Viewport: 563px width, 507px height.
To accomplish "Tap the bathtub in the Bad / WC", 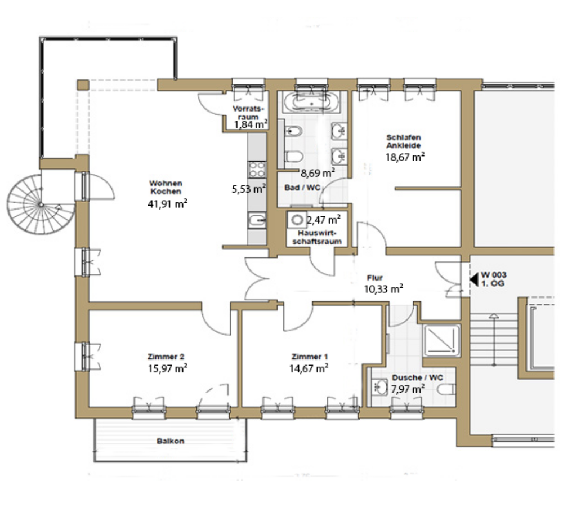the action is click(x=311, y=102).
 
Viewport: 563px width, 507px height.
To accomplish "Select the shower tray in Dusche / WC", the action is click(x=441, y=341).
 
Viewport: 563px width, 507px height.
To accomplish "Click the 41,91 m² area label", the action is click(x=167, y=204).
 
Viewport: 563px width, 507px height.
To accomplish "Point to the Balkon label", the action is click(x=171, y=441).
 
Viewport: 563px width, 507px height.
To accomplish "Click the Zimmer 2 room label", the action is click(x=166, y=357).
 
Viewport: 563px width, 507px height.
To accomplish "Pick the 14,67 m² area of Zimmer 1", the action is click(x=309, y=368).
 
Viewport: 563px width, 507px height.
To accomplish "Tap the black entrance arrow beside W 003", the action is click(x=474, y=279).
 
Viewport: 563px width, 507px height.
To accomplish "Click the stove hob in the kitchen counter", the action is click(x=257, y=169).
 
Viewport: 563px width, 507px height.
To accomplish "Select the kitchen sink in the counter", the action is click(x=257, y=220).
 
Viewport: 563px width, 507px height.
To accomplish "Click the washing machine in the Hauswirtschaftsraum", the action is click(x=297, y=220).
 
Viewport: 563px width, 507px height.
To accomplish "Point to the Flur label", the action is click(x=375, y=278).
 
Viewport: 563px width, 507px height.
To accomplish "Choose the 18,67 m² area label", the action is click(x=405, y=157).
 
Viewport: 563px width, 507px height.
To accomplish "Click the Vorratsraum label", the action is click(x=248, y=113).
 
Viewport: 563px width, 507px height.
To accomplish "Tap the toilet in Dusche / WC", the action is click(x=446, y=389).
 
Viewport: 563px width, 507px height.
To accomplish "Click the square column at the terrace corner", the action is click(x=83, y=85).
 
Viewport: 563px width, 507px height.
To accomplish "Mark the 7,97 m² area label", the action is click(x=408, y=389).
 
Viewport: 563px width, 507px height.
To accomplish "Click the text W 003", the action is click(x=494, y=275).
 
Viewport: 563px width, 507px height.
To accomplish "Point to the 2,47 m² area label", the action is click(x=324, y=219).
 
